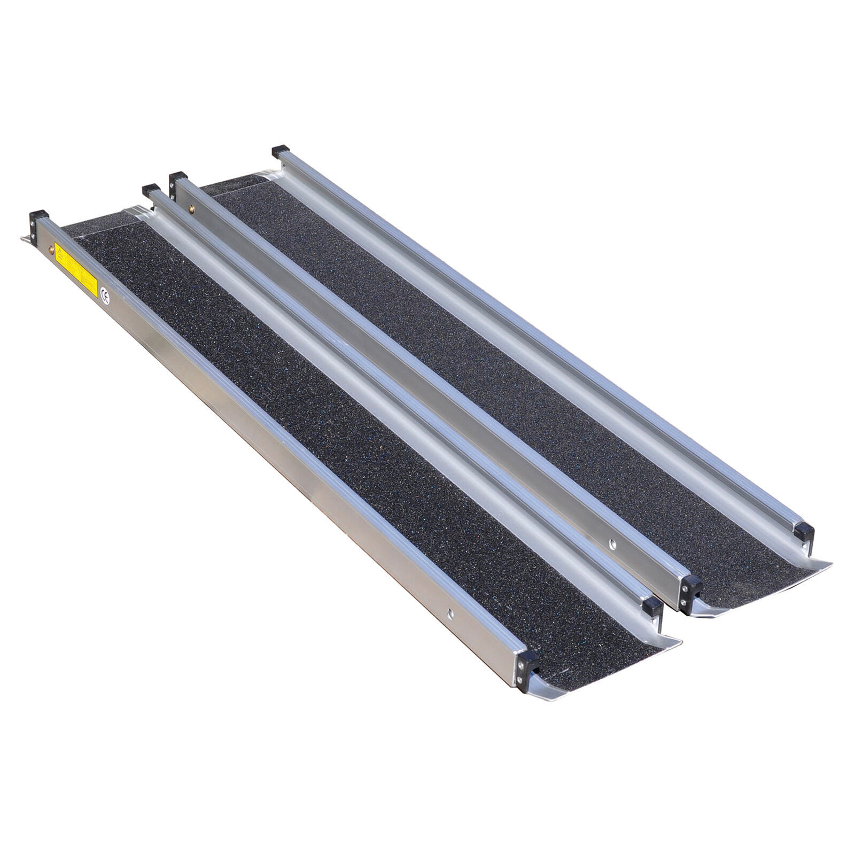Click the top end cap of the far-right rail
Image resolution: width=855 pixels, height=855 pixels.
pos(281,151)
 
